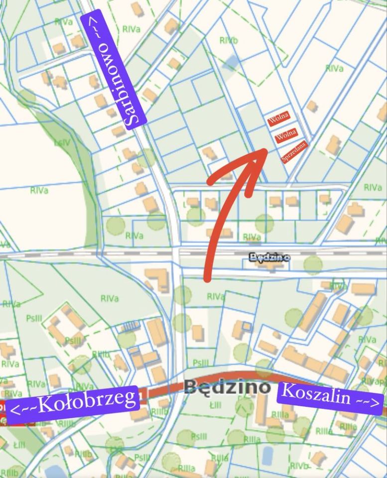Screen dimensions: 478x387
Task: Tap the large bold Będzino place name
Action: click(x=227, y=387)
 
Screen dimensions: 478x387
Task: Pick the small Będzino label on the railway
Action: click(x=269, y=257)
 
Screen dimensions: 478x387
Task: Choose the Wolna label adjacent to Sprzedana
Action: click(x=286, y=135)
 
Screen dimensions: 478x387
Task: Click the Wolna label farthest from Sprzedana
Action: click(x=278, y=119)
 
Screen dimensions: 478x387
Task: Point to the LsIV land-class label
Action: click(x=63, y=143)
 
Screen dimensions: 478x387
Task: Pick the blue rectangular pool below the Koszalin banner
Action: click(x=267, y=455)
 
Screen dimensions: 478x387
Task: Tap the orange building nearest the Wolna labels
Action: click(x=312, y=106)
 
